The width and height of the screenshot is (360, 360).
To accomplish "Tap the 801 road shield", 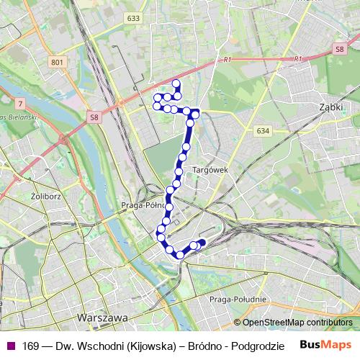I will pos(57,63).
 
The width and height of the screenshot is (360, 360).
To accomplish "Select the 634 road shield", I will pos(262,131).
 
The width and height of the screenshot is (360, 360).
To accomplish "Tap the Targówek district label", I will pos(210,170).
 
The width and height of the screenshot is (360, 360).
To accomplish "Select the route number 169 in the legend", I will pos(30,346).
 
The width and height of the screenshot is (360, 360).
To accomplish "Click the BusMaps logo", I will pos(326,345).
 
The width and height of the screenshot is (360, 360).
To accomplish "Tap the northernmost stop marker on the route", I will pos(176,84).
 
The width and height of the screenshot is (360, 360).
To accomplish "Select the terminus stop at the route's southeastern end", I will pos(202,243).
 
